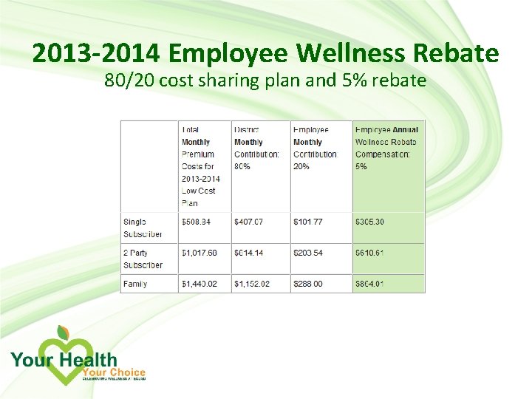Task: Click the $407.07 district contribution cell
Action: click(250, 222)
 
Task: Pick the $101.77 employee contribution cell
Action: click(308, 222)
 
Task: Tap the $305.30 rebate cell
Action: click(369, 222)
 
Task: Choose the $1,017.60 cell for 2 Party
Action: click(199, 253)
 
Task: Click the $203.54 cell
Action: click(308, 253)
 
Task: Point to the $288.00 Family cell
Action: click(308, 284)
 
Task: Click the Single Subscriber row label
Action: click(143, 228)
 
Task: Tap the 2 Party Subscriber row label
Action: click(143, 259)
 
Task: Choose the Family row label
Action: click(135, 284)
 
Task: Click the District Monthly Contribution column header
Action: click(256, 148)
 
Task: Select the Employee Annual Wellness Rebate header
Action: click(386, 148)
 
